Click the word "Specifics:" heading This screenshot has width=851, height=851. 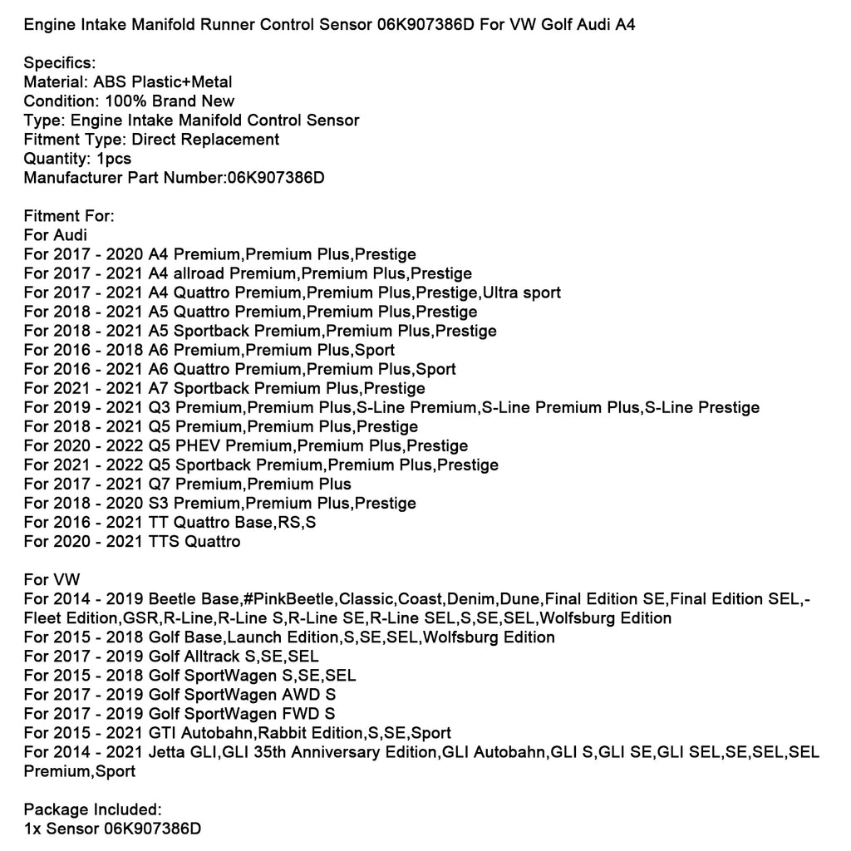click(x=60, y=63)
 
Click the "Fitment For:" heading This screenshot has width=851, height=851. click(x=69, y=216)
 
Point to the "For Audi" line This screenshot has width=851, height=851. click(x=56, y=235)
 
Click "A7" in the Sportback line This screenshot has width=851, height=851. click(x=162, y=388)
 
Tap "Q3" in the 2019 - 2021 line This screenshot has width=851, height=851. click(x=163, y=407)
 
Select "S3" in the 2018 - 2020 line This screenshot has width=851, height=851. click(x=161, y=503)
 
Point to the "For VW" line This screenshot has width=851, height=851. click(x=52, y=580)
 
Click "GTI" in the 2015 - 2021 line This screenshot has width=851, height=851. click(x=162, y=733)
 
